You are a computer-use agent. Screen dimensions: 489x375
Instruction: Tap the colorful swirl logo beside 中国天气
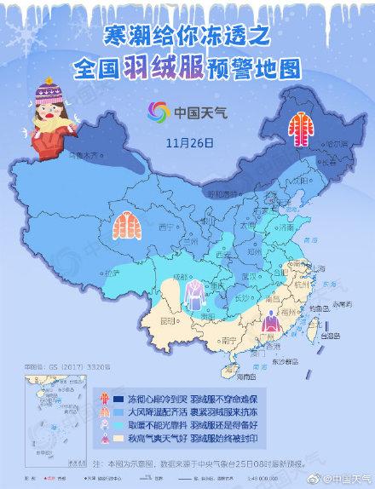pyautogui.click(x=156, y=112)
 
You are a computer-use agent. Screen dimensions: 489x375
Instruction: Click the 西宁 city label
pyautogui.click(x=166, y=227)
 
